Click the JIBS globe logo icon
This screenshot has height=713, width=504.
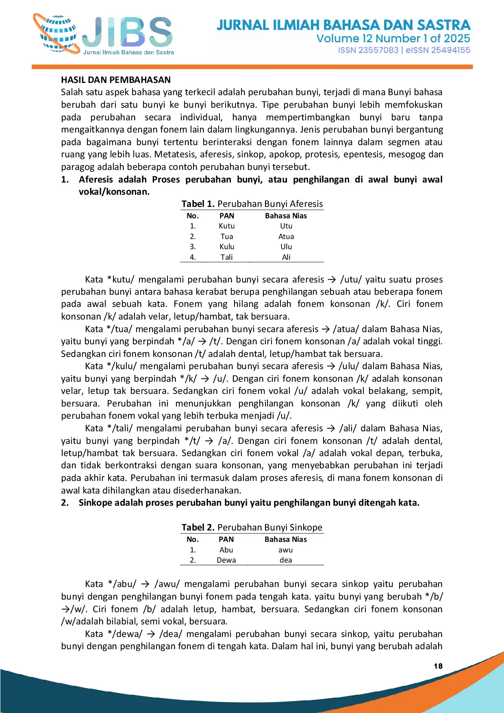(x=57, y=35)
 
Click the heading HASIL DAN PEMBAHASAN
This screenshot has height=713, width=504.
(x=116, y=80)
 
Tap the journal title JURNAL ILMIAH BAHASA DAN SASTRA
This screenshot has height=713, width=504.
(x=343, y=25)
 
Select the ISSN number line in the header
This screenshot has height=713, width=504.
(x=404, y=50)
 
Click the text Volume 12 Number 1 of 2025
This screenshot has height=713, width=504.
(x=393, y=39)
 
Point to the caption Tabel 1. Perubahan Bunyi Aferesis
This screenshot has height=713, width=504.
(x=252, y=204)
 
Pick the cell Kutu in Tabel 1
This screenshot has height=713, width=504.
(x=226, y=226)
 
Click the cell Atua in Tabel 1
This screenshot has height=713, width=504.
(x=286, y=237)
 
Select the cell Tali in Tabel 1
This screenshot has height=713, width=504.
(x=226, y=257)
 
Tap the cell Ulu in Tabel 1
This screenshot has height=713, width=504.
(x=286, y=247)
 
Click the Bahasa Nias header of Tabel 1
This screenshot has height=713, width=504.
(x=286, y=216)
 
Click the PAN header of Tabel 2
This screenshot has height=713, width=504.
(x=226, y=539)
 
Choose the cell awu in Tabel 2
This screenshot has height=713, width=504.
(x=286, y=550)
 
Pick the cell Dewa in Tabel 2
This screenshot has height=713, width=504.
(x=226, y=560)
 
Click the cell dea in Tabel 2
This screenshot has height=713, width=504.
(x=286, y=560)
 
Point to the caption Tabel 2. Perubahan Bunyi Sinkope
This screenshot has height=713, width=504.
(x=252, y=527)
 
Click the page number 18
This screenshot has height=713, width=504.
(x=438, y=666)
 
